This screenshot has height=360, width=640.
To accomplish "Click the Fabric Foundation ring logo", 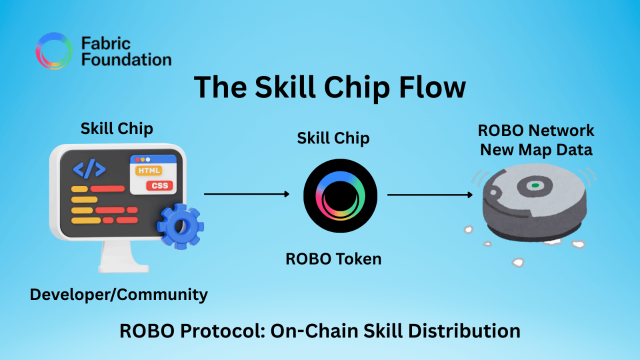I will click(x=54, y=51).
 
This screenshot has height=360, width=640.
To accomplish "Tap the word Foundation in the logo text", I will click(x=126, y=60).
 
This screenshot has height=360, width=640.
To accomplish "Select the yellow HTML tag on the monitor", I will click(x=148, y=170).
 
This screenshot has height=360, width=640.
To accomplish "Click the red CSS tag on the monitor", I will click(x=159, y=186).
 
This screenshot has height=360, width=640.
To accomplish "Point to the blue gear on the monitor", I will click(x=179, y=226).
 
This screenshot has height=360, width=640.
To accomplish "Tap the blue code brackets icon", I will click(x=89, y=169).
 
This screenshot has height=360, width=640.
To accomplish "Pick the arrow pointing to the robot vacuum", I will click(x=430, y=194).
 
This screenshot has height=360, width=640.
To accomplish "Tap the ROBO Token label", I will click(x=333, y=258).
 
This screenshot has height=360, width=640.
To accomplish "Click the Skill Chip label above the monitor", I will click(x=116, y=128).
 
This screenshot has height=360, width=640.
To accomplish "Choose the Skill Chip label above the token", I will click(x=333, y=138).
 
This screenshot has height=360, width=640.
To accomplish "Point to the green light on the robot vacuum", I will click(x=535, y=185).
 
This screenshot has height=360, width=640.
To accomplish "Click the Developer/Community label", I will click(x=118, y=294).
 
